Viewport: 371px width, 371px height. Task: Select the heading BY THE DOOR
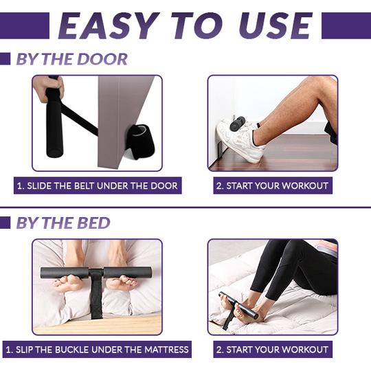click(72, 59)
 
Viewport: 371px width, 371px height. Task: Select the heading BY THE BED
click(63, 223)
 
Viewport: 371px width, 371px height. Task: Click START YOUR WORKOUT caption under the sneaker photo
click(273, 185)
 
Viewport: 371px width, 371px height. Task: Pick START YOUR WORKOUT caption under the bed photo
click(273, 350)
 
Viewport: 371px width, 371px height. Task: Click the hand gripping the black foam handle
click(49, 88)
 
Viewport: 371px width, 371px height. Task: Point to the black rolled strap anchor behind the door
click(140, 140)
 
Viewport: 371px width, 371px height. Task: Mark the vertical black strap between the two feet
click(97, 295)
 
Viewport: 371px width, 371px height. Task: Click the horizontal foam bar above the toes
click(95, 273)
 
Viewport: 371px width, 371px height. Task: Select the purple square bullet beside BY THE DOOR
click(5, 59)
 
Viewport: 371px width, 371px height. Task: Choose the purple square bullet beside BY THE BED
click(5, 223)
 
